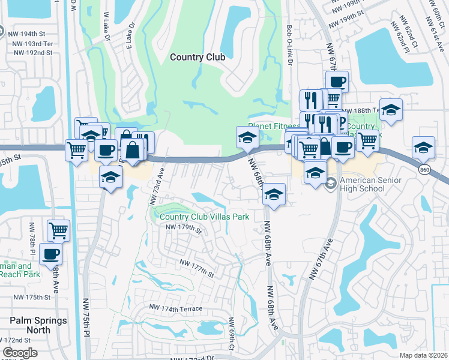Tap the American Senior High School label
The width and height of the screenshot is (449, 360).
pyautogui.click(x=362, y=184)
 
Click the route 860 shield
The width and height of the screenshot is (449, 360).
pyautogui.click(x=425, y=172)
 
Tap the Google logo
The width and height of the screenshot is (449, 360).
pyautogui.click(x=20, y=353)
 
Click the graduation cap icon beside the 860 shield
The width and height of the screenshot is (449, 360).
pyautogui.click(x=423, y=148)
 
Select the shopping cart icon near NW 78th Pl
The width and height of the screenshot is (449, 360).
pyautogui.click(x=59, y=230)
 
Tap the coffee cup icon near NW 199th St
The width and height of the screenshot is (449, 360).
pyautogui.click(x=337, y=82)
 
